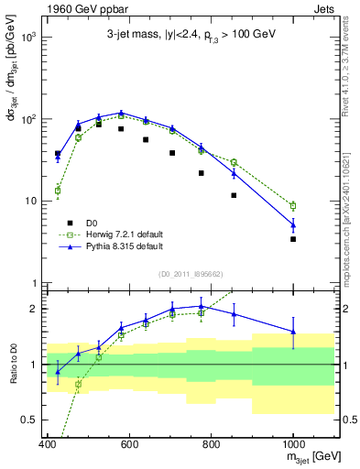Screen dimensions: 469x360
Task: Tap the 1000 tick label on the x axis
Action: click(x=293, y=444)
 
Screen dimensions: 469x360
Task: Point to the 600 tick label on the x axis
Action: click(x=129, y=444)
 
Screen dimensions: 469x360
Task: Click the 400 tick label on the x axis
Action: click(x=48, y=444)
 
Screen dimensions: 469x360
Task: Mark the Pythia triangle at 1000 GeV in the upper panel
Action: click(x=293, y=224)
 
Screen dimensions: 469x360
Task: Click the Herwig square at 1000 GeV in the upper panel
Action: click(x=293, y=206)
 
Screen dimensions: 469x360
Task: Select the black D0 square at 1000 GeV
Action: click(x=293, y=239)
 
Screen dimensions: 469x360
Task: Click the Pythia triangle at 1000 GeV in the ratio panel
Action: click(x=293, y=332)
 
